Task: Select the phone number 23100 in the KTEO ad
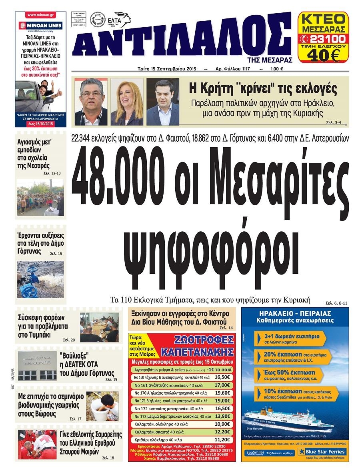(x=327, y=39)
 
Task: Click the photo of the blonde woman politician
(x=127, y=102)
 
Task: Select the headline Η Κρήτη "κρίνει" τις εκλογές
(x=263, y=88)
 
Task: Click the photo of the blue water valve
(x=40, y=279)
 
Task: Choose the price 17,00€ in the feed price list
(x=222, y=385)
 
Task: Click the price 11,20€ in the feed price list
(x=222, y=439)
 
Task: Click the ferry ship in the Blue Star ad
(x=288, y=420)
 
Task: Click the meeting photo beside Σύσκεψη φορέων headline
(x=99, y=327)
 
